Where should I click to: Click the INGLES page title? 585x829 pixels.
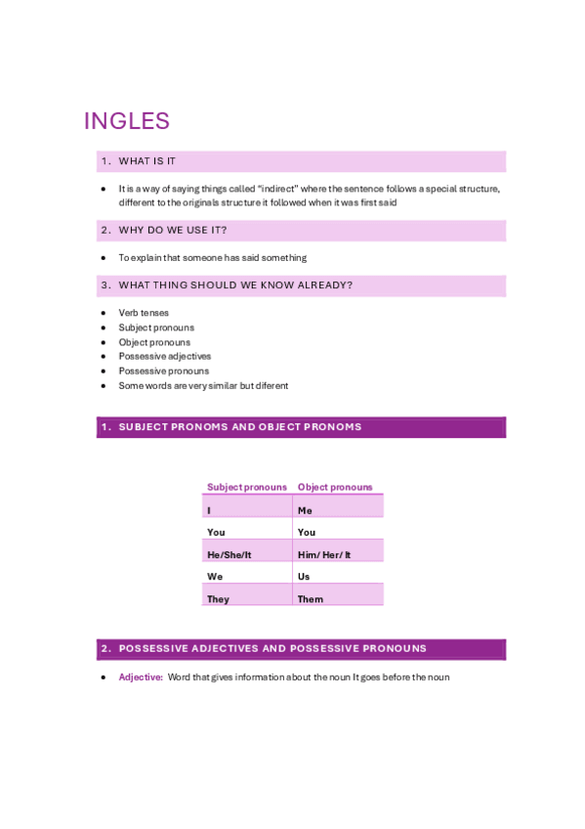127,121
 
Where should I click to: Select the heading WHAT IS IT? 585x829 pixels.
147,161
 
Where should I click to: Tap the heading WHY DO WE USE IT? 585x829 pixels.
173,231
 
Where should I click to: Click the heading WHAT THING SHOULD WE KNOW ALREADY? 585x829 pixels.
235,285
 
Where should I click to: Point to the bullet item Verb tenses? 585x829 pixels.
144,313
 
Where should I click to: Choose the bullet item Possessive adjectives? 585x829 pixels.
164,357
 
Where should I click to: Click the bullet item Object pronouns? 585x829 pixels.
154,342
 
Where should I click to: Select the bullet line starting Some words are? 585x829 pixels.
203,386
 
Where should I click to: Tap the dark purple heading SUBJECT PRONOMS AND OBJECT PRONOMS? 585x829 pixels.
240,427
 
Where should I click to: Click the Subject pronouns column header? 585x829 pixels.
247,487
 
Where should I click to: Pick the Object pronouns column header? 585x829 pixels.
335,487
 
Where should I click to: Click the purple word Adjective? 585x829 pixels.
141,676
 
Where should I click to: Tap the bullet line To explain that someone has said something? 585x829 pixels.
212,258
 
